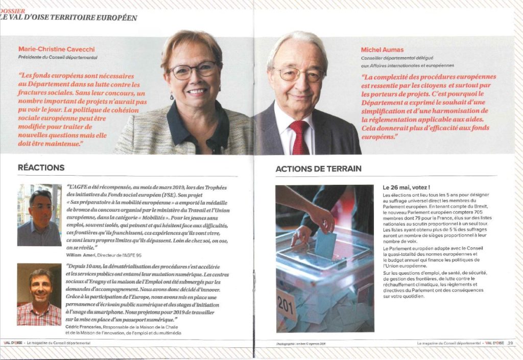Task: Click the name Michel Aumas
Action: pyautogui.click(x=382, y=50)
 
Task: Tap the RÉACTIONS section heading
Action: pyautogui.click(x=41, y=167)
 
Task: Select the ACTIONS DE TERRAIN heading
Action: pyautogui.click(x=318, y=169)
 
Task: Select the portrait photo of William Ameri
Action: pyautogui.click(x=39, y=215)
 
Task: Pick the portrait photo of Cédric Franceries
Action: pyautogui.click(x=39, y=294)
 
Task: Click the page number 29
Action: pyautogui.click(x=510, y=343)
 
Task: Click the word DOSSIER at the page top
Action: pyautogui.click(x=12, y=10)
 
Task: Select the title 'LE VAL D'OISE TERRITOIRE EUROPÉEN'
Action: pyautogui.click(x=69, y=18)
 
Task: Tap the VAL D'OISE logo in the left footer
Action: pyautogui.click(x=13, y=343)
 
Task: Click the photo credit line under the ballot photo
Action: pyautogui.click(x=301, y=344)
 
